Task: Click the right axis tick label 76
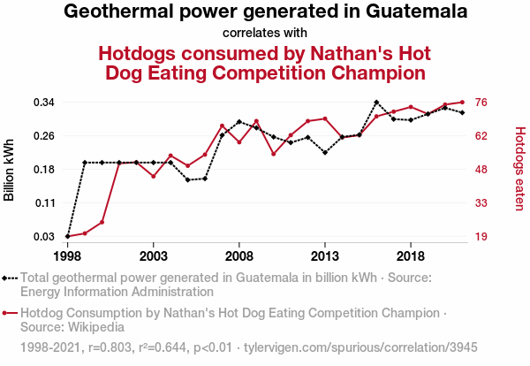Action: (x=481, y=103)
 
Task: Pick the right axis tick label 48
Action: (x=481, y=170)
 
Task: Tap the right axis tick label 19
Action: (x=481, y=237)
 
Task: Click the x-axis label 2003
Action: (x=154, y=256)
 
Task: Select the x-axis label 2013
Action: (x=325, y=256)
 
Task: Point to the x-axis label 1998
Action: (x=68, y=256)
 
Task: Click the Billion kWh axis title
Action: (x=10, y=170)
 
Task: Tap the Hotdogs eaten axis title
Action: (x=519, y=170)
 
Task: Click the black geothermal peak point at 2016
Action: (x=376, y=103)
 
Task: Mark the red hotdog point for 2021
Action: (x=462, y=103)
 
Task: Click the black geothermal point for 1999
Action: (x=85, y=163)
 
